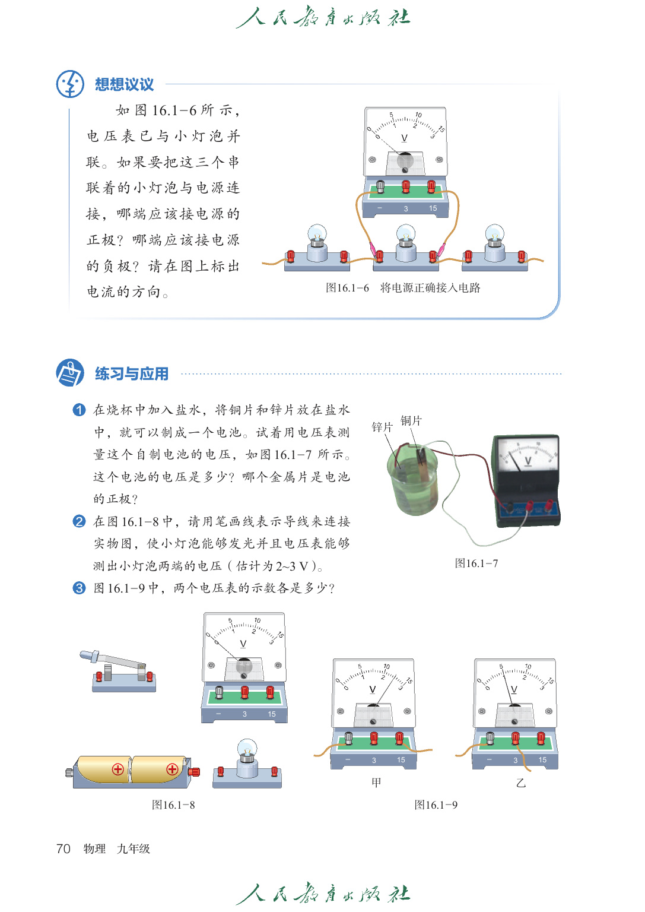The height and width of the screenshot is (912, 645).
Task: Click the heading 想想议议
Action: (x=124, y=84)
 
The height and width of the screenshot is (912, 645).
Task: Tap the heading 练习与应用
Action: (x=132, y=374)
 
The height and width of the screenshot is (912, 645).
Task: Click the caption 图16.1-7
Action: (x=476, y=563)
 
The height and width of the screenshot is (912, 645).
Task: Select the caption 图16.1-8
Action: (x=173, y=805)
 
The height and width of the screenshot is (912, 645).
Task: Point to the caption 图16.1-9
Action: (x=436, y=805)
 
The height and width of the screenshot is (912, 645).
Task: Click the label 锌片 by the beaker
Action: (x=382, y=427)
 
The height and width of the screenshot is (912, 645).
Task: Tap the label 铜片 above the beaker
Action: (x=411, y=420)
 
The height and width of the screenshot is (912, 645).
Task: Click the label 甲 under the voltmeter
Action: (x=376, y=783)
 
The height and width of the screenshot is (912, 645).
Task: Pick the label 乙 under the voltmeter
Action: (x=521, y=783)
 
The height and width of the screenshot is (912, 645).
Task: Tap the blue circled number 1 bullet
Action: (x=79, y=410)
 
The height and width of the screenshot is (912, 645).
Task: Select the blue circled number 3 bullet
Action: (x=79, y=588)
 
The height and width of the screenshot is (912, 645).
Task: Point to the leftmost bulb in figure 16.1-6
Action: (x=317, y=245)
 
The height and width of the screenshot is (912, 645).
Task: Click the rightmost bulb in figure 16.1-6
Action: (x=494, y=245)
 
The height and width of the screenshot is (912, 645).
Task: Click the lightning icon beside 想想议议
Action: (x=70, y=84)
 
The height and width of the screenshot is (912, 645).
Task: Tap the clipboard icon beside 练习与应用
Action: (x=70, y=373)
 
